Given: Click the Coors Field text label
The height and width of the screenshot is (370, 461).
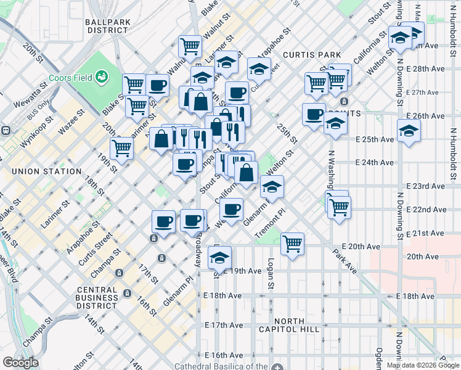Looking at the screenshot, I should (76, 78).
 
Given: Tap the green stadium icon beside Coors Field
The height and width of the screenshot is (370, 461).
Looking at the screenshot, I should (101, 77).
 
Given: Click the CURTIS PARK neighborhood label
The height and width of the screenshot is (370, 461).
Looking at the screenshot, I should (308, 55).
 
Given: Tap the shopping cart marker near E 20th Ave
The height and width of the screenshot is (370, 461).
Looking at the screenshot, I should (292, 243).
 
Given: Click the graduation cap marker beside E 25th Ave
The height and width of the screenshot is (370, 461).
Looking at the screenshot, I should (408, 131).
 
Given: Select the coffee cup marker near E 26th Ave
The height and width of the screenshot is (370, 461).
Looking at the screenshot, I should (314, 114).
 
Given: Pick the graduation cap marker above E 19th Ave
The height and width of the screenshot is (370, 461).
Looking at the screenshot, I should (219, 257).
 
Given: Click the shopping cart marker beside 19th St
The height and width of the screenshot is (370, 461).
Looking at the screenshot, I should (122, 147).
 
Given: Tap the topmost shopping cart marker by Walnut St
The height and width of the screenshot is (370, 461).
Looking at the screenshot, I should (190, 46).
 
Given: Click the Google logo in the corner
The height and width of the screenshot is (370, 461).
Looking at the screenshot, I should (20, 362).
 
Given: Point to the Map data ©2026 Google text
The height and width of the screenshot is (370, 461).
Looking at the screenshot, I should (422, 365).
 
